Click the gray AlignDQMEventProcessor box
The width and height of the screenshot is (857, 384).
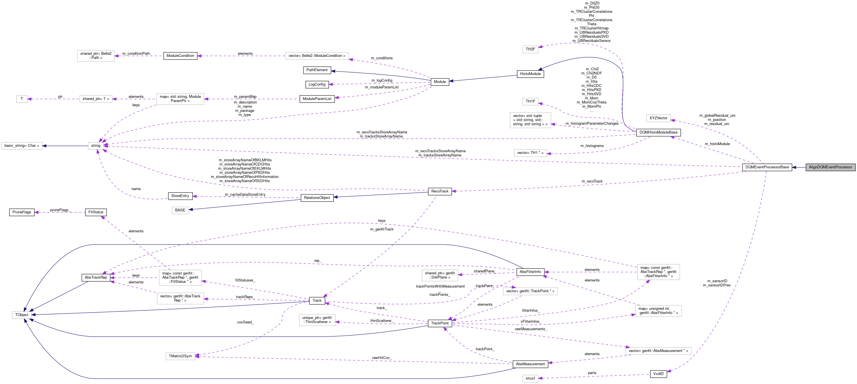[830, 167]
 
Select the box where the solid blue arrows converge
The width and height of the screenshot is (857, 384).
[22, 315]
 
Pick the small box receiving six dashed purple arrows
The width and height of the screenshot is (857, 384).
[96, 146]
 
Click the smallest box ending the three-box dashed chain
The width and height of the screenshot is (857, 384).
[22, 99]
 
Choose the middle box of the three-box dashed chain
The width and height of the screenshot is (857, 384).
[96, 99]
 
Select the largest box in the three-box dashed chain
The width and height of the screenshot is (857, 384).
[180, 99]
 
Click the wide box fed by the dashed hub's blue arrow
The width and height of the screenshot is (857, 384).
[22, 146]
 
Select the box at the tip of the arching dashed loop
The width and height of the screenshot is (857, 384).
[530, 49]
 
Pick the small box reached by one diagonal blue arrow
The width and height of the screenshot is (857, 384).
[180, 210]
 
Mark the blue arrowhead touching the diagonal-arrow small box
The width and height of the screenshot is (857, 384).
[191, 209]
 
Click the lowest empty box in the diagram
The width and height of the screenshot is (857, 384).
[530, 378]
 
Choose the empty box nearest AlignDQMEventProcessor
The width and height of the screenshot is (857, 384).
[658, 118]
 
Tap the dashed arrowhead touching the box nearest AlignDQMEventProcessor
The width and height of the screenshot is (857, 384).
[673, 120]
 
